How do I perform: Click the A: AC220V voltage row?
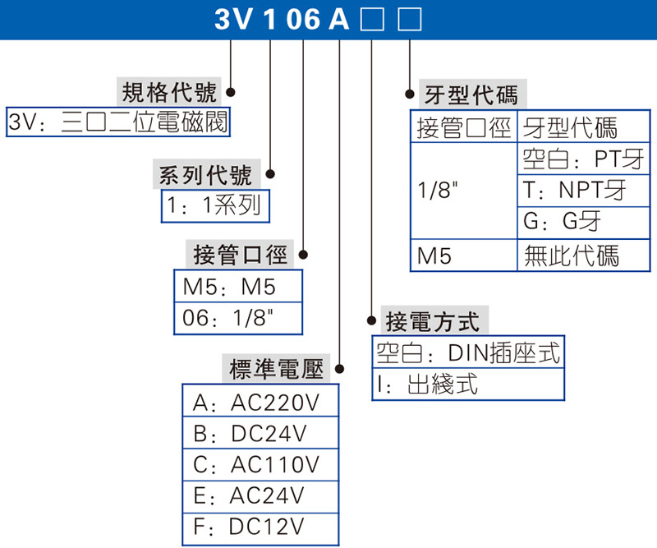click(260, 403)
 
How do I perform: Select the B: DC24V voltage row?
click(260, 434)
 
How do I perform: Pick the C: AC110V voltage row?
click(260, 465)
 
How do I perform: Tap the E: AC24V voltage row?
click(260, 496)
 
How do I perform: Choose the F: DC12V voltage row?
click(260, 527)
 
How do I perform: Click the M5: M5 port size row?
click(237, 288)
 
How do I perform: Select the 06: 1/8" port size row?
click(237, 319)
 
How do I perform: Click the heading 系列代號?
click(205, 175)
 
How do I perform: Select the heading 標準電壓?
click(276, 370)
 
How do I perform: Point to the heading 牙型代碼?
click(471, 95)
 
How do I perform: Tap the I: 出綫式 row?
click(468, 385)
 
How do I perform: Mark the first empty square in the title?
click(371, 19)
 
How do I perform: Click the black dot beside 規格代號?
click(231, 92)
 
